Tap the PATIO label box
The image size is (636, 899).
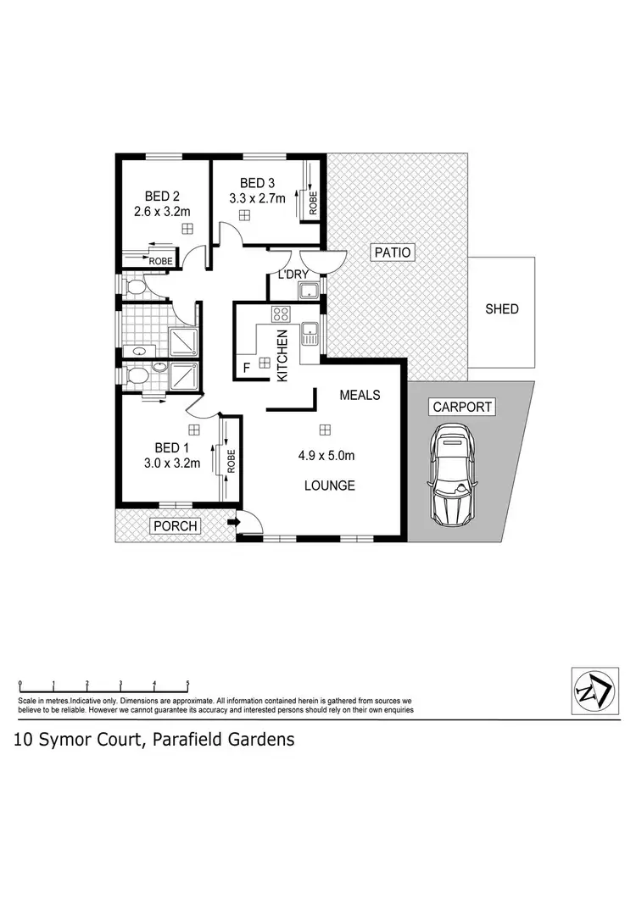coord(390,252)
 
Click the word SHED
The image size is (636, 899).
coord(501,309)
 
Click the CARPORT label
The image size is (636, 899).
coord(462,407)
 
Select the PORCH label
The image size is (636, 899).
coord(175,526)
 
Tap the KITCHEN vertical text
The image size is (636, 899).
coord(282,354)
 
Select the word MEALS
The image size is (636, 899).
coord(360,395)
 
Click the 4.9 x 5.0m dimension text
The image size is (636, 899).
coord(326,455)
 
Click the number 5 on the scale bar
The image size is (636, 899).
coord(187,683)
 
